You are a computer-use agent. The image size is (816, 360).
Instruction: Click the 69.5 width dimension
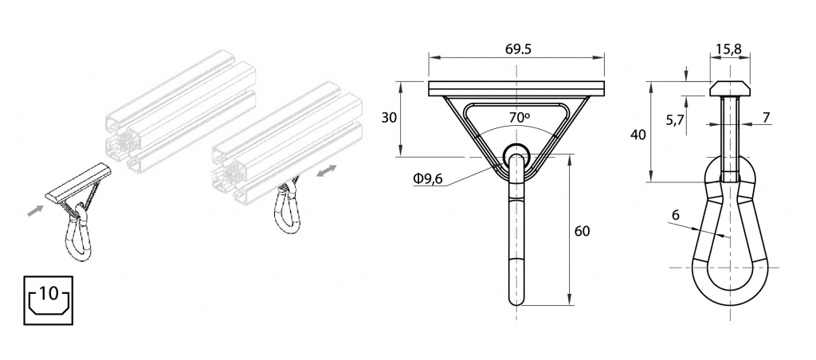[518, 49]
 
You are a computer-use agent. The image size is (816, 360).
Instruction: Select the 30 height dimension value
[389, 118]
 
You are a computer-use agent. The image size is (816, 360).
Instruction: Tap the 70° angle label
[518, 118]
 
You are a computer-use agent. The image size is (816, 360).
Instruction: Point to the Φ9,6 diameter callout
[427, 179]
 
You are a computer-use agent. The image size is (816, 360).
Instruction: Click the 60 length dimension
[582, 231]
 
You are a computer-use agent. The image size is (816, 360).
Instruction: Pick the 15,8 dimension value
[728, 49]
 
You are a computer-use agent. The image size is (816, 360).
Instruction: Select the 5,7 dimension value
[675, 121]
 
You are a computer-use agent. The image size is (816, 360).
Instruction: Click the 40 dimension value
[638, 135]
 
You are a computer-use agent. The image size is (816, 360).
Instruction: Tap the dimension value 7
[766, 118]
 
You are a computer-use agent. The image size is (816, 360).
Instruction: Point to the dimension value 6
[676, 215]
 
